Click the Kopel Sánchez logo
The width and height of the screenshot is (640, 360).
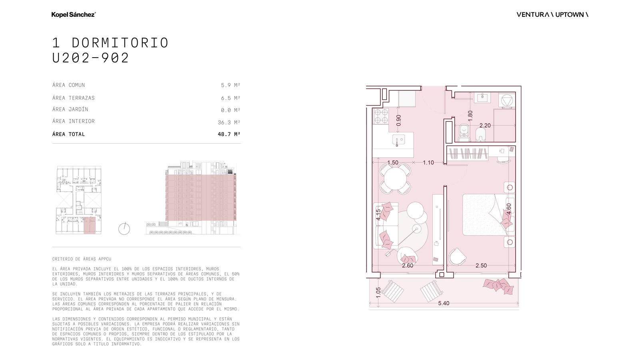point(74,14)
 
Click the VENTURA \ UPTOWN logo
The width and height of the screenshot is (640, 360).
point(552,14)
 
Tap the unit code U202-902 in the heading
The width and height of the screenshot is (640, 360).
point(90,58)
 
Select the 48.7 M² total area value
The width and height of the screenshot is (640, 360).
point(229,134)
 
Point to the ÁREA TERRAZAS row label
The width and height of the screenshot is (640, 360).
point(74,98)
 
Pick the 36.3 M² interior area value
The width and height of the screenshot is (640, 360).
point(229,122)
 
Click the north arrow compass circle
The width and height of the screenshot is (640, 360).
point(124,229)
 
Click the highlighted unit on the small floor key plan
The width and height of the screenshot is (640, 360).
point(90,226)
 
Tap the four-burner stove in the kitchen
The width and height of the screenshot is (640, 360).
point(381,116)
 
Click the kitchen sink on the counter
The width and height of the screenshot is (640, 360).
point(398,140)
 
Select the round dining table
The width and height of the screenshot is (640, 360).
point(395,178)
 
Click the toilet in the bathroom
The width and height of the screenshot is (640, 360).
point(464,133)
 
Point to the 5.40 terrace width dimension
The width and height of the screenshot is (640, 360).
point(444,303)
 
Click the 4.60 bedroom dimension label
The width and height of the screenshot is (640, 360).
point(508,209)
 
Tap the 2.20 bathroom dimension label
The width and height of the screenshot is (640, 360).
point(485,126)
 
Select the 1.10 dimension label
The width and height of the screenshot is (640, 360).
point(428,162)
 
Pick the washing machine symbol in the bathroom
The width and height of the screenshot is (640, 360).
point(507,100)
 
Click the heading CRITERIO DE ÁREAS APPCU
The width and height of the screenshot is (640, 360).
point(82,259)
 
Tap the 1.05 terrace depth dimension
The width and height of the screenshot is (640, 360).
point(378,292)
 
